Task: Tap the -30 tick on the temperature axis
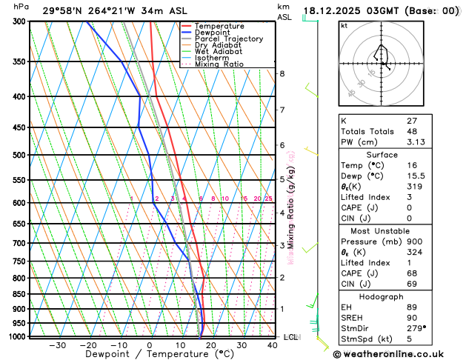click(x=57, y=345)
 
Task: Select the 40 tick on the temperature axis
click(x=273, y=345)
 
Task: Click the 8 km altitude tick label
click(x=282, y=73)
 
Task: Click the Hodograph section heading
click(x=398, y=296)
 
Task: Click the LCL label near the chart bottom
click(x=291, y=337)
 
